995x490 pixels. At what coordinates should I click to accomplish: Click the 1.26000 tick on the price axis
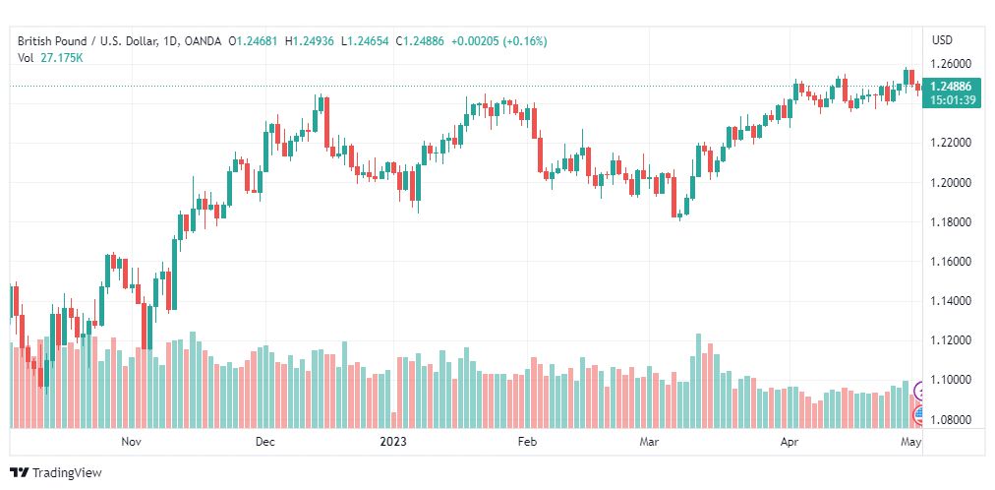click(x=950, y=64)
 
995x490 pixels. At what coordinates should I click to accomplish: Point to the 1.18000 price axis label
click(x=950, y=222)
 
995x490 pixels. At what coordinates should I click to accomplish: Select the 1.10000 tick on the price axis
click(x=950, y=380)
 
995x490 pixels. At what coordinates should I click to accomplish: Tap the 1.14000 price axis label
click(x=950, y=301)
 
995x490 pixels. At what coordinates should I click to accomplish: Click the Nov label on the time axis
click(x=131, y=441)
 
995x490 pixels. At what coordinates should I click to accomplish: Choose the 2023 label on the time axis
click(x=393, y=441)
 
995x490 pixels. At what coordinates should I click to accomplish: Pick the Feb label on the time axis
click(x=527, y=441)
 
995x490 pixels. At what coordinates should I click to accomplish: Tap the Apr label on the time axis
click(x=790, y=441)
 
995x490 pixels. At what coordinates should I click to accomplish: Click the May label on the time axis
click(x=911, y=441)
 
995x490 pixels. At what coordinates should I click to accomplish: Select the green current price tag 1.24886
click(x=950, y=87)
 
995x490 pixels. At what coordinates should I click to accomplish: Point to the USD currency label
click(x=942, y=40)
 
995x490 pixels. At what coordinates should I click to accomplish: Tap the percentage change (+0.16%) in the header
click(x=524, y=41)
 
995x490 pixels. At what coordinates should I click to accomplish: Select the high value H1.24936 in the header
click(x=309, y=41)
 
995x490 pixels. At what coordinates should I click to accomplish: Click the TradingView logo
click(x=56, y=473)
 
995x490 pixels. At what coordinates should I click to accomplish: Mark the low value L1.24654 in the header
click(x=365, y=41)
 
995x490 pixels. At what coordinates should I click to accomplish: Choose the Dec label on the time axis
click(x=265, y=441)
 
